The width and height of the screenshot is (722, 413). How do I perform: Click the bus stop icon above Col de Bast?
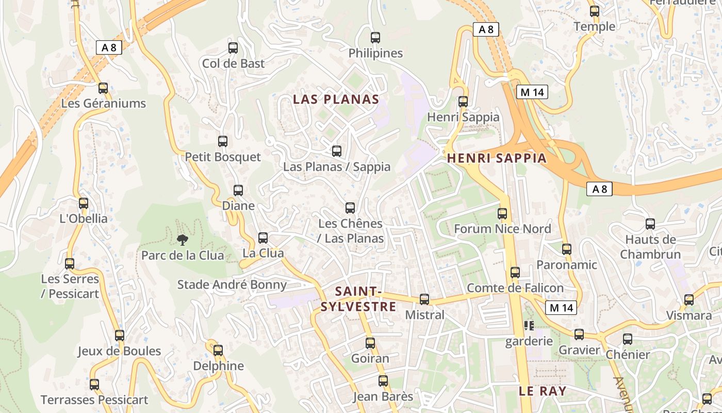[x=233, y=48]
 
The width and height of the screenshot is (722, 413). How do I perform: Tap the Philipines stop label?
[x=375, y=53]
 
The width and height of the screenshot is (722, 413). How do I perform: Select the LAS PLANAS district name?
[x=336, y=99]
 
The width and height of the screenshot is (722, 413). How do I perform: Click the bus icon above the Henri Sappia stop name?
[x=463, y=102]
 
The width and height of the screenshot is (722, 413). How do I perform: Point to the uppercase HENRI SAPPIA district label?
[x=497, y=158]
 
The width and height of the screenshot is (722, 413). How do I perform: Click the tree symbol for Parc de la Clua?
[x=182, y=240]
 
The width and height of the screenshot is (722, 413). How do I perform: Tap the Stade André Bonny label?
[x=232, y=284]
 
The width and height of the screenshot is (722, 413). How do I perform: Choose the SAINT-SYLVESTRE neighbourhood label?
[x=358, y=299]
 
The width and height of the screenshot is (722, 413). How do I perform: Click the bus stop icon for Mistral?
[x=424, y=299]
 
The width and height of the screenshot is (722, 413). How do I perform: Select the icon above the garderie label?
[x=529, y=326]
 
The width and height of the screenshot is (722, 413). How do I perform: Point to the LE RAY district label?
[x=543, y=391]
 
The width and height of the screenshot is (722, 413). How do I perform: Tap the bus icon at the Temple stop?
[x=595, y=11]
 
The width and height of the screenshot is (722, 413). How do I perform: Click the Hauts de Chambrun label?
[x=650, y=247]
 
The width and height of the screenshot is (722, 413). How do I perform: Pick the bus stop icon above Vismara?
[x=689, y=300]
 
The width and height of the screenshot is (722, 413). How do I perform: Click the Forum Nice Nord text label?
[x=502, y=229]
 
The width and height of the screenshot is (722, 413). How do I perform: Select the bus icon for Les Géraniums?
[x=103, y=88]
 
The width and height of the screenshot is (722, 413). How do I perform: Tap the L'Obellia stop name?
[x=84, y=218]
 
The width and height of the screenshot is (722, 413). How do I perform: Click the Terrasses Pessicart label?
[x=94, y=400]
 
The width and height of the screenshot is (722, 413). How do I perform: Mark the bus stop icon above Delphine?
[x=218, y=351]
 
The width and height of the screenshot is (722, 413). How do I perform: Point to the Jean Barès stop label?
[x=383, y=396]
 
